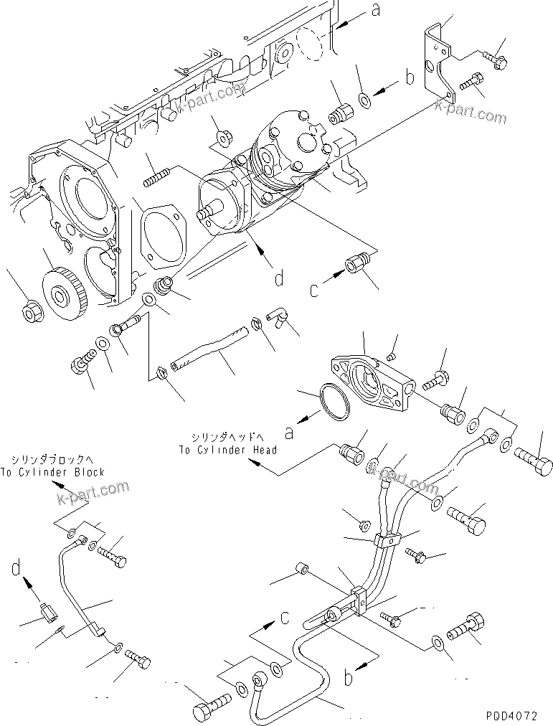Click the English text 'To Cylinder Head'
(x=229, y=449)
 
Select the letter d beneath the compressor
(x=278, y=278)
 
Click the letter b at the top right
(x=410, y=77)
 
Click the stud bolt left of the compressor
(x=160, y=175)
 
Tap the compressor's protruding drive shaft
(x=207, y=214)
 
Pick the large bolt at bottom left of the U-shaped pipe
(x=208, y=708)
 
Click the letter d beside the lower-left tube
(x=16, y=569)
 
